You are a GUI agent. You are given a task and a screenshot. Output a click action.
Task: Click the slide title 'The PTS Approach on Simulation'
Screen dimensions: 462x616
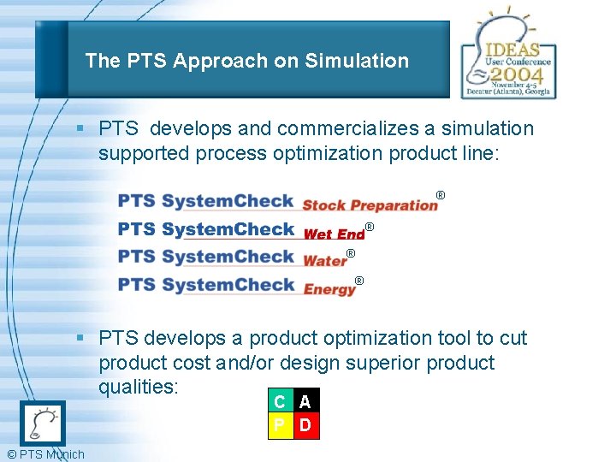pyautogui.click(x=246, y=61)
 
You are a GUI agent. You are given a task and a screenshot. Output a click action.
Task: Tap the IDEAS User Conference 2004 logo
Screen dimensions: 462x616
pyautogui.click(x=508, y=57)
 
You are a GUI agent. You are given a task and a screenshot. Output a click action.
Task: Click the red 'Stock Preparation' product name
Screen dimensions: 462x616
pyautogui.click(x=370, y=204)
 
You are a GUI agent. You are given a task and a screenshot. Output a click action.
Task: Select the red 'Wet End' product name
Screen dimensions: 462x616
pyautogui.click(x=334, y=234)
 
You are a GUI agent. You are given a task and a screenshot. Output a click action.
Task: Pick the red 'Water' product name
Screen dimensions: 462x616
pyautogui.click(x=324, y=260)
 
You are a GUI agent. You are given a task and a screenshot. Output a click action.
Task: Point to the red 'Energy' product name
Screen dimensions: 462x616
pyautogui.click(x=329, y=289)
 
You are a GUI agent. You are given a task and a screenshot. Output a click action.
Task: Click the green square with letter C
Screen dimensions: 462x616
pyautogui.click(x=280, y=401)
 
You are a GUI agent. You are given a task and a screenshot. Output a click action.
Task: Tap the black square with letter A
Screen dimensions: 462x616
pyautogui.click(x=305, y=401)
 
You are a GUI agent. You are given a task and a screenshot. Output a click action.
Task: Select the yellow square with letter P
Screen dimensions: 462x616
pyautogui.click(x=280, y=425)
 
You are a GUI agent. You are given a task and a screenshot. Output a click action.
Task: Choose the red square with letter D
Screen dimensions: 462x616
pyautogui.click(x=305, y=425)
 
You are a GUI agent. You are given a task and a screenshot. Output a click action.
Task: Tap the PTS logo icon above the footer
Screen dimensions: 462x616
pyautogui.click(x=42, y=423)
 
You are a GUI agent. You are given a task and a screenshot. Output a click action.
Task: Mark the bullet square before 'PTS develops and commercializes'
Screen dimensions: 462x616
pyautogui.click(x=79, y=129)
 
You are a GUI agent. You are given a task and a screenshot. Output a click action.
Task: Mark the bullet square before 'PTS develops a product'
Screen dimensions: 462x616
pyautogui.click(x=79, y=339)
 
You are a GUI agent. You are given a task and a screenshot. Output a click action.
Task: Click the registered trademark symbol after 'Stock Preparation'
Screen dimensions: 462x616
pyautogui.click(x=441, y=196)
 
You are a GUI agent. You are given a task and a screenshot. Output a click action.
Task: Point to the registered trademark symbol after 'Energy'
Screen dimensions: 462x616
pyautogui.click(x=359, y=281)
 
